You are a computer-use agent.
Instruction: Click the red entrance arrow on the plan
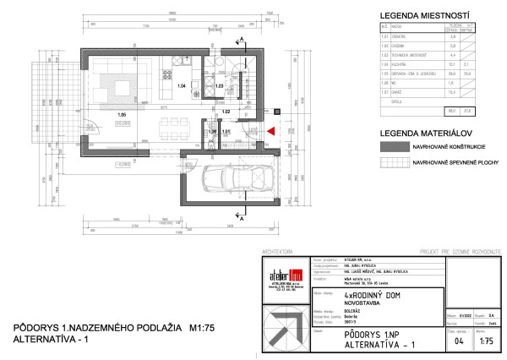coord(271,131)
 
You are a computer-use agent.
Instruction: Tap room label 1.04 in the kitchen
coord(180,86)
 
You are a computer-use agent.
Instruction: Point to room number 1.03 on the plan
coord(219,86)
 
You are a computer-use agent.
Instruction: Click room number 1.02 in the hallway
coord(226,111)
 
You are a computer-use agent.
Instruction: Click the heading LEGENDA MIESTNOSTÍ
coord(401,16)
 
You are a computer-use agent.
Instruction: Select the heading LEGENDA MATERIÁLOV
coord(401,134)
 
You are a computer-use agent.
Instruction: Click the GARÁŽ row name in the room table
coord(390,100)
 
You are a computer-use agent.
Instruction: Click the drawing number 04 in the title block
coord(460,341)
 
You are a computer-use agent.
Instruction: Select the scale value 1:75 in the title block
coord(486,341)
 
